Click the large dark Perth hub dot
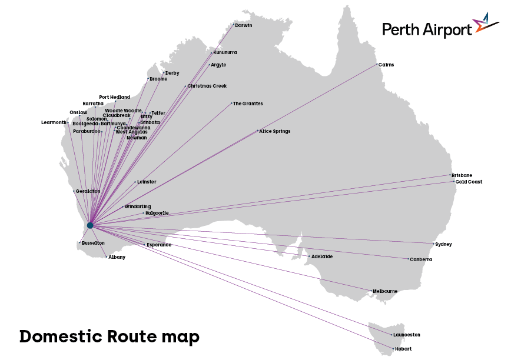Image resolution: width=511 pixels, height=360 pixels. [90, 225]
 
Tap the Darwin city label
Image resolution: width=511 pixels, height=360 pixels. [244, 25]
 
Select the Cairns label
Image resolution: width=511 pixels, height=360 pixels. [387, 65]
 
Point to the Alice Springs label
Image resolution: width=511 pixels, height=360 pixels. [275, 131]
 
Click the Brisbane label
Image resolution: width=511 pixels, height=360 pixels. [462, 175]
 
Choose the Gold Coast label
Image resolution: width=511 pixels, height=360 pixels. [469, 182]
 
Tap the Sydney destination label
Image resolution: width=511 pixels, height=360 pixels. [444, 244]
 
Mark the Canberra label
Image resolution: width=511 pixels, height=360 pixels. [421, 259]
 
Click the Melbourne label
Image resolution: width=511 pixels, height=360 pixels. [385, 291]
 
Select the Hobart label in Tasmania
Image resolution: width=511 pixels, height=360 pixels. [403, 349]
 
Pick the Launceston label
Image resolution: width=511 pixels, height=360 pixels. [407, 335]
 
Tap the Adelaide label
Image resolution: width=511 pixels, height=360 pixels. [322, 256]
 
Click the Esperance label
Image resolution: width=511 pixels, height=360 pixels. [159, 245]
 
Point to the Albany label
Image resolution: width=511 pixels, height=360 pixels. [117, 257]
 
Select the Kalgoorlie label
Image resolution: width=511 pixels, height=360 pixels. [157, 213]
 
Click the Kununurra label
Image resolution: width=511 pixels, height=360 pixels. [225, 52]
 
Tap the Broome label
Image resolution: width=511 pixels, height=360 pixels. [158, 79]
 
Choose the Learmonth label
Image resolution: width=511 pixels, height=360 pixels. [54, 122]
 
